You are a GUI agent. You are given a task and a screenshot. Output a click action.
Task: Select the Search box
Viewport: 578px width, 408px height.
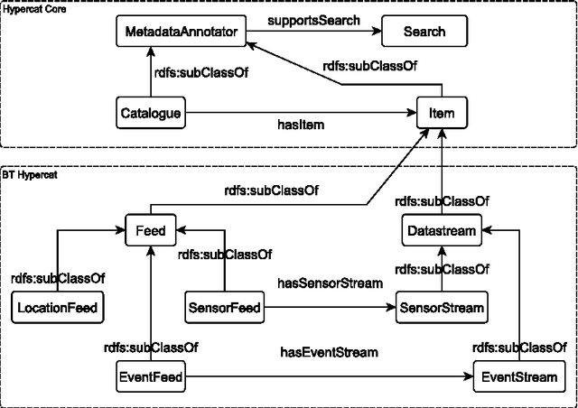pyautogui.click(x=424, y=32)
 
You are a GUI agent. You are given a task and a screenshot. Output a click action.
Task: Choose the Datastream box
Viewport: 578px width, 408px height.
pyautogui.click(x=441, y=231)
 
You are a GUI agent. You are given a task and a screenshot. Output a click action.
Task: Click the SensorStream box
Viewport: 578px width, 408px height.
pyautogui.click(x=442, y=309)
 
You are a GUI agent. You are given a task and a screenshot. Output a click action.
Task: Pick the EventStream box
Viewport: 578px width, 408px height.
pyautogui.click(x=512, y=376)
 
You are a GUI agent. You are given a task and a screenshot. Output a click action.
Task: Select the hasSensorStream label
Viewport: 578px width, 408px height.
pyautogui.click(x=330, y=283)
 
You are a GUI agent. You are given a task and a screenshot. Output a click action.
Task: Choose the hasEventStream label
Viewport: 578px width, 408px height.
pyautogui.click(x=326, y=352)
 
